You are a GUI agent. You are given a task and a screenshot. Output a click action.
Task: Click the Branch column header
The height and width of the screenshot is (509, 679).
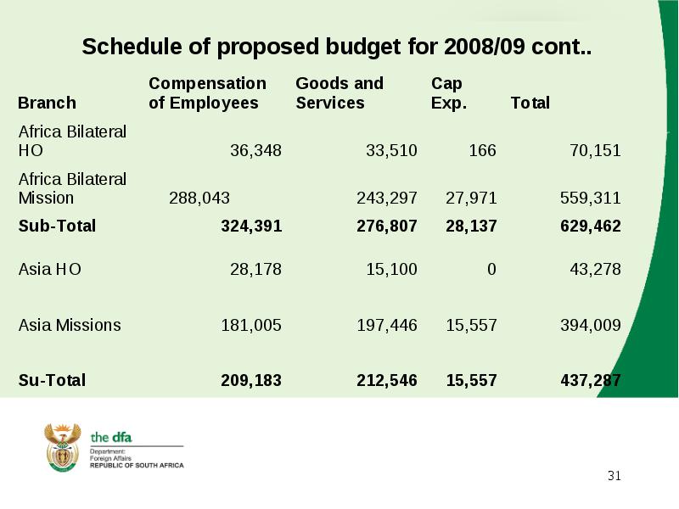[47, 103]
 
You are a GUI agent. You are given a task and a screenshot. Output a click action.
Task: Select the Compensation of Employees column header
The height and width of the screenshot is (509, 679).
[207, 93]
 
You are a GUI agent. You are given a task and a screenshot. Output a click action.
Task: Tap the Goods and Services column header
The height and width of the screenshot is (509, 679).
[339, 93]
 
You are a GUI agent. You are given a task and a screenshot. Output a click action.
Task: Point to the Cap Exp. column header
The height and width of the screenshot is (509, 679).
[449, 93]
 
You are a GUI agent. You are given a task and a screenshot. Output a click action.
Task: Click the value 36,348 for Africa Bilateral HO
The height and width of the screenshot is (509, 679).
[255, 151]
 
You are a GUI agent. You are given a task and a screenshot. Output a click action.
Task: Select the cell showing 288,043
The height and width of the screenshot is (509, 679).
[199, 199]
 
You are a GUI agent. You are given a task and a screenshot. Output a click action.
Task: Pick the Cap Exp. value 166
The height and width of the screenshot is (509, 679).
[482, 151]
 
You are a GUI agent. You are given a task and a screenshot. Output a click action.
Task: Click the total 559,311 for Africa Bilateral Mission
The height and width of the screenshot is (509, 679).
[590, 199]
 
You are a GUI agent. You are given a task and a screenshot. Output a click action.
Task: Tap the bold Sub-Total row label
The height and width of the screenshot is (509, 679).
[57, 226]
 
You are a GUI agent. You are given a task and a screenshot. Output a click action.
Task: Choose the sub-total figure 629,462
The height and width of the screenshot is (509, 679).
[590, 226]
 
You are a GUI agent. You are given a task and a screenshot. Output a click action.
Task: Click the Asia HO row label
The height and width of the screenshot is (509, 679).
[50, 269]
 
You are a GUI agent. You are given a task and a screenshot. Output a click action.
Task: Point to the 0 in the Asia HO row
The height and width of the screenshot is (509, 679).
[491, 269]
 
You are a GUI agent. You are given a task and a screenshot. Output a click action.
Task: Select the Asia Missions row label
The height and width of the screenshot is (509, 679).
[70, 325]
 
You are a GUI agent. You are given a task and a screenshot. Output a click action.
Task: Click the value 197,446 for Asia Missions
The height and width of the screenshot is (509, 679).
[387, 325]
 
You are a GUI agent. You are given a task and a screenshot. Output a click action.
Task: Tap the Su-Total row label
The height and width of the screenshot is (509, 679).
[52, 380]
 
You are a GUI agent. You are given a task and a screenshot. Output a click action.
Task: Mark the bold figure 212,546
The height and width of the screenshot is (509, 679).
[387, 380]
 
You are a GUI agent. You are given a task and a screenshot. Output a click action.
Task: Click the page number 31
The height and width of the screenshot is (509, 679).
[614, 476]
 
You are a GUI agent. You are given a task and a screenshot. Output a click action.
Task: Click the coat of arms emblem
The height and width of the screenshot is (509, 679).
[63, 448]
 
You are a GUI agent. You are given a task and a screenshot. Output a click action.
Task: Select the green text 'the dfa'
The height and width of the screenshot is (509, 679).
[111, 438]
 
